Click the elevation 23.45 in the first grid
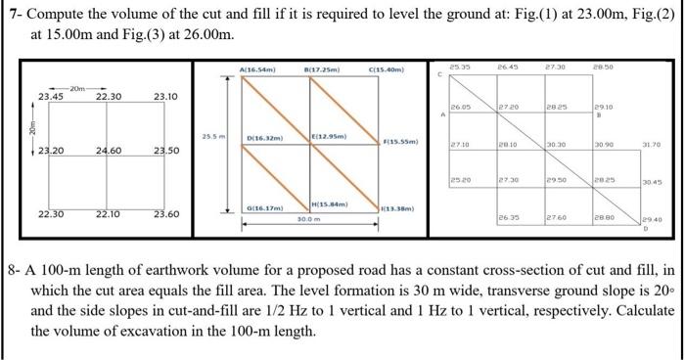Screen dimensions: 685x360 pyautogui.click(x=51, y=96)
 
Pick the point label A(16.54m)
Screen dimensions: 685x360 pyautogui.click(x=257, y=69)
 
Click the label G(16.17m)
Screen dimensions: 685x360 pyautogui.click(x=264, y=208)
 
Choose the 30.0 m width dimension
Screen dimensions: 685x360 pyautogui.click(x=311, y=219)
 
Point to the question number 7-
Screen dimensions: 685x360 pyautogui.click(x=16, y=12)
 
